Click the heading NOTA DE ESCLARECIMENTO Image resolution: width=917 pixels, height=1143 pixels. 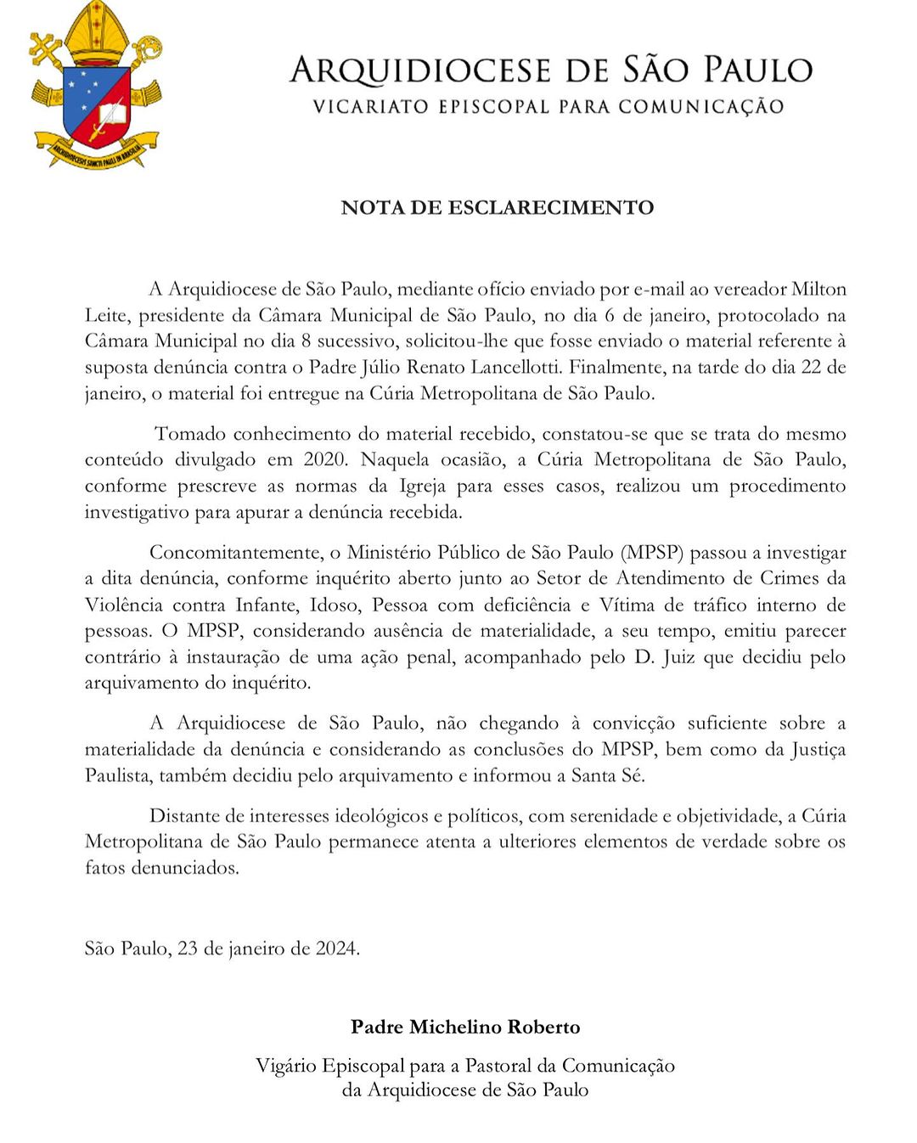497,208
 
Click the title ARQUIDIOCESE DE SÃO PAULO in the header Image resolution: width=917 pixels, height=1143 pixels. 550,70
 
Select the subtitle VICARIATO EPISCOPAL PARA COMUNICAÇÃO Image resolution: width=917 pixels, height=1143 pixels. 548,107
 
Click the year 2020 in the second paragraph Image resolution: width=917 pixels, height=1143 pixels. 325,460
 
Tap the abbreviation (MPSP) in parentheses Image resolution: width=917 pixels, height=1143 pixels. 652,553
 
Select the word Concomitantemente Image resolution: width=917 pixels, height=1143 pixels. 234,553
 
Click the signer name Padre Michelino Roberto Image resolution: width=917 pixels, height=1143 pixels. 465,1028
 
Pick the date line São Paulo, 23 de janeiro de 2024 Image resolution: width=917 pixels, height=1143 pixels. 222,949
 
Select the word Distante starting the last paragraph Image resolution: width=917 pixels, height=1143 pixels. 183,816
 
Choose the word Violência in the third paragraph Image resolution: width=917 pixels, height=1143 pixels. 123,605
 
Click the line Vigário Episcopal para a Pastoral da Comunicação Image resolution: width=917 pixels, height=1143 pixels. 465,1066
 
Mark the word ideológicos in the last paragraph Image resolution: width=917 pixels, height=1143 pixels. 381,816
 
